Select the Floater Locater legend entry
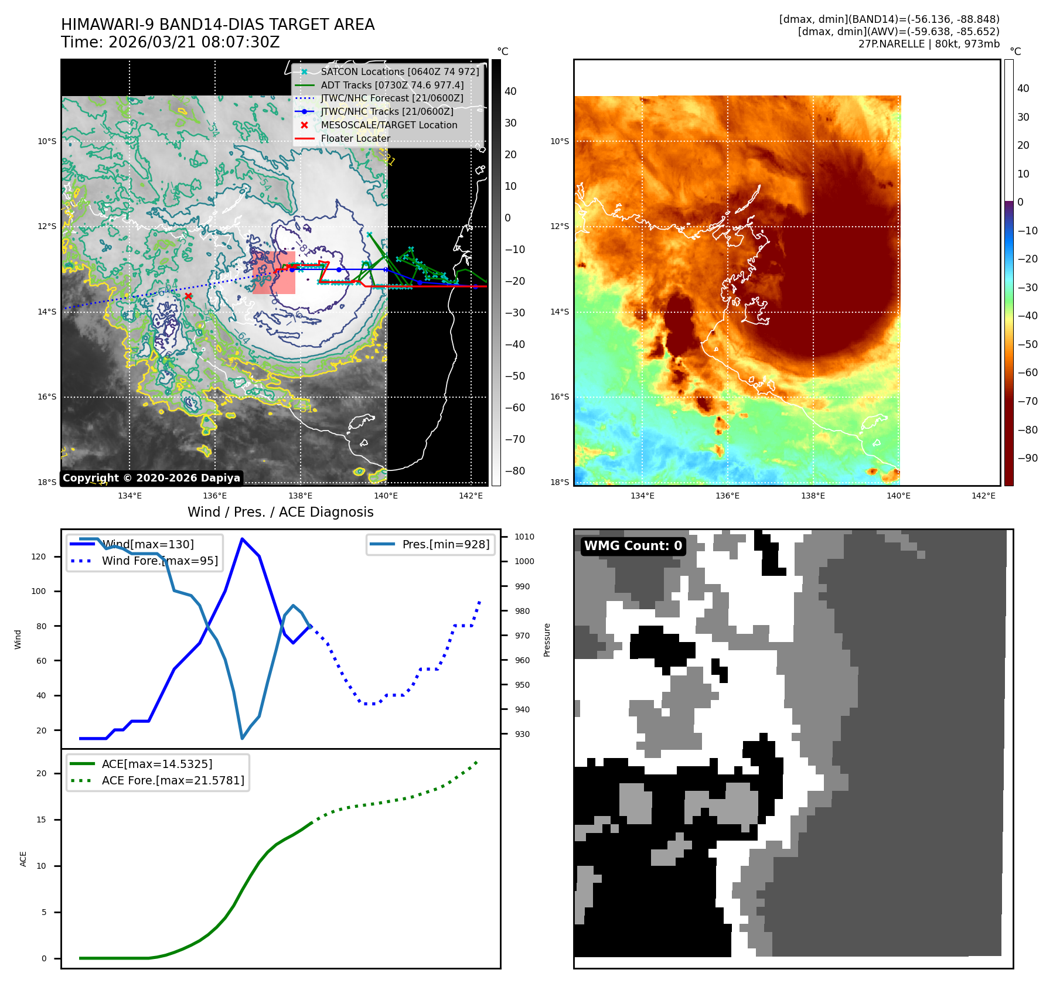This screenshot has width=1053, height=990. coord(355,138)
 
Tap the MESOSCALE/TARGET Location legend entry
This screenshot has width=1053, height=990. coord(389,125)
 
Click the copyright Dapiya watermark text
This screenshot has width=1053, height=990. coord(151,478)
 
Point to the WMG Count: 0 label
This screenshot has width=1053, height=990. coord(633,546)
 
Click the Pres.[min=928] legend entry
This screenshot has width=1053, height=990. coord(445,544)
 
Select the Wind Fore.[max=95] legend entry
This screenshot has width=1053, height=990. coord(159,561)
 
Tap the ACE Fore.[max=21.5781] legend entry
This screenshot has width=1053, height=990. coord(173,780)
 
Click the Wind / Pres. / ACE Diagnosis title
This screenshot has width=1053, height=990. coord(280,512)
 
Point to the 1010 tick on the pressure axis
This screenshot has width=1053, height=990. coord(524,537)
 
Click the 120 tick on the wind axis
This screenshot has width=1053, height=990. coord(39,557)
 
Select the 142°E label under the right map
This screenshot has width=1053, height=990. coord(983,496)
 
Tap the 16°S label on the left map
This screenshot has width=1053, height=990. coord(47,397)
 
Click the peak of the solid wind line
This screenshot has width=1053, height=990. coord(242,539)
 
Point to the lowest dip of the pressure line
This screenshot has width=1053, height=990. coord(242,738)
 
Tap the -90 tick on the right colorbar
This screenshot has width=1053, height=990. coord(1027,458)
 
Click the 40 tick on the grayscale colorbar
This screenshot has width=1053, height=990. coord(510,91)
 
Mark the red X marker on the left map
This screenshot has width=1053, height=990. coord(188,296)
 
